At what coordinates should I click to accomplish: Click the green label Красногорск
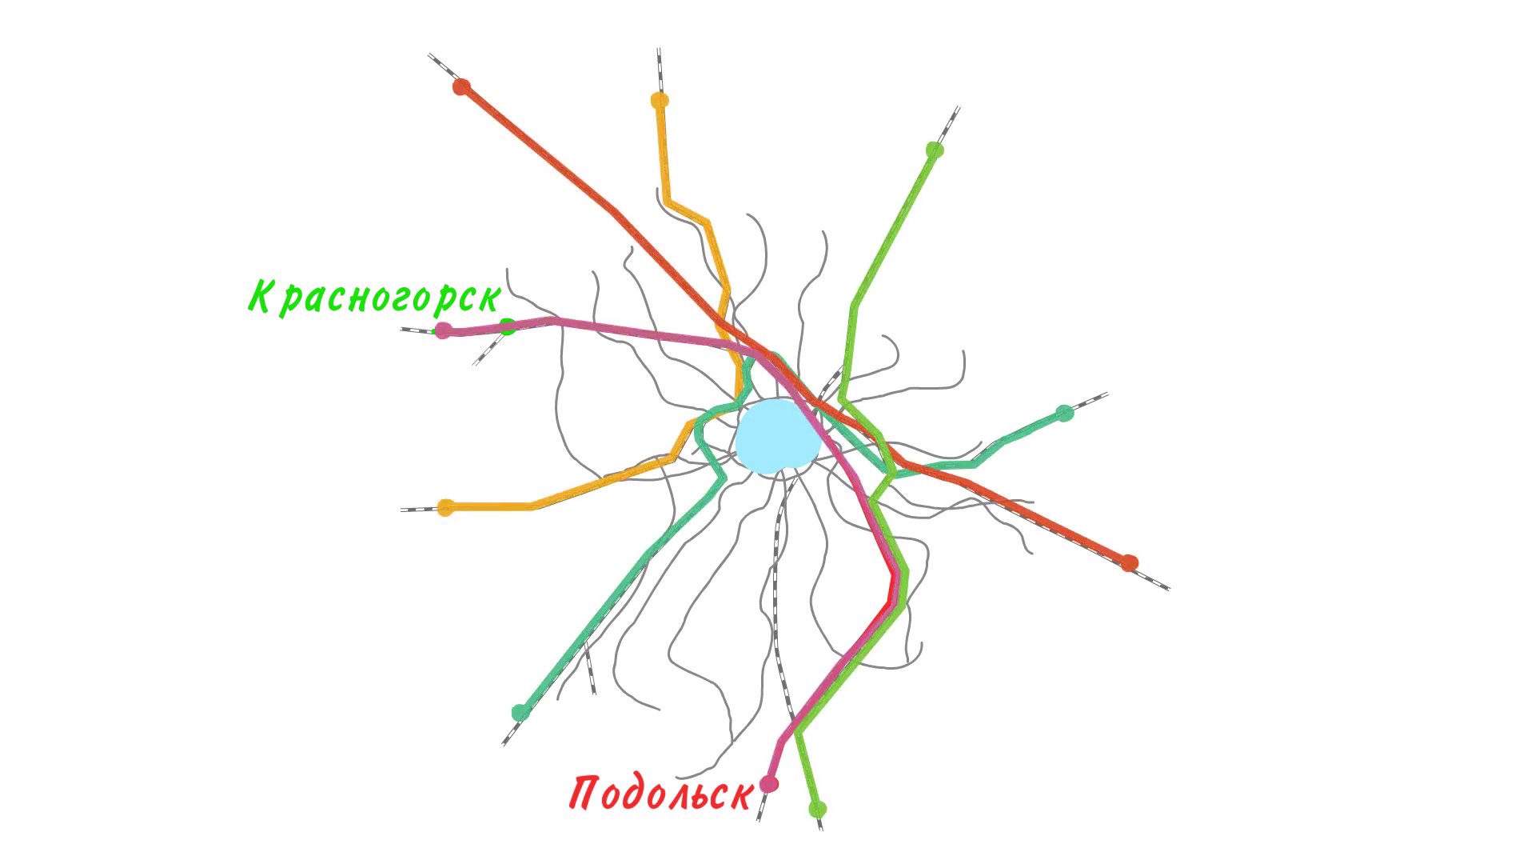click(x=375, y=297)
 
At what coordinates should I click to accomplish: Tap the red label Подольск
click(x=661, y=792)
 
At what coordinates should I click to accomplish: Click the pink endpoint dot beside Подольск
click(x=769, y=784)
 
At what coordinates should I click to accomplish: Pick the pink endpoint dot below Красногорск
click(x=443, y=330)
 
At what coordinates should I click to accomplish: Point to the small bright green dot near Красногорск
click(x=507, y=326)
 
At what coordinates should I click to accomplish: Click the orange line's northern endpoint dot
click(x=660, y=101)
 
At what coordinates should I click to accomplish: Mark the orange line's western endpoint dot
click(x=446, y=507)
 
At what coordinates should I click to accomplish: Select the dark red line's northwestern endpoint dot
click(x=461, y=86)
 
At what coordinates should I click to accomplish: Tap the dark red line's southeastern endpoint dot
click(x=1129, y=563)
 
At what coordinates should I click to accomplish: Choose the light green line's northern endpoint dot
click(x=935, y=150)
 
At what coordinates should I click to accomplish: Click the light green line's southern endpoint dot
click(x=817, y=809)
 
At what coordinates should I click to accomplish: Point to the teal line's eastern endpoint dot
click(x=1064, y=413)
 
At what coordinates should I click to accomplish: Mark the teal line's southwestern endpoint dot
click(x=520, y=712)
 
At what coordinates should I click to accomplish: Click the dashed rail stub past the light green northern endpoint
click(x=949, y=125)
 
